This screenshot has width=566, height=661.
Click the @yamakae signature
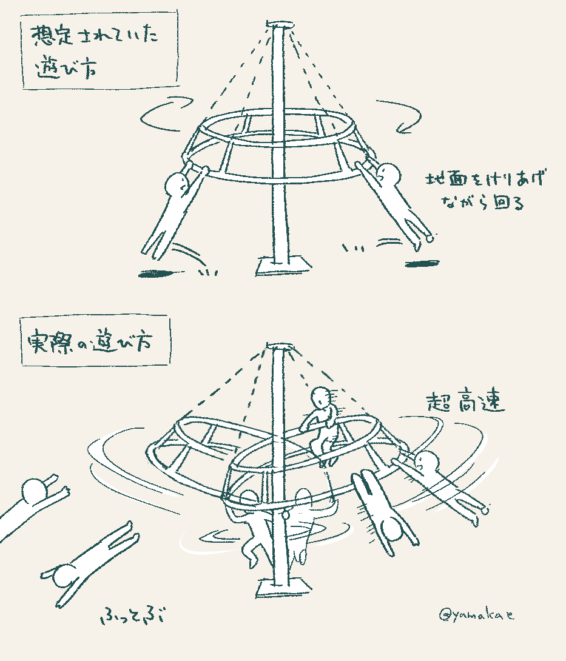pos(477,615)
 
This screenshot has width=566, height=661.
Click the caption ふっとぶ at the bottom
pos(132,616)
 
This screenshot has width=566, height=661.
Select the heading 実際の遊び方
pos(89,342)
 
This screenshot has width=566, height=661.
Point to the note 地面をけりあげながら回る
pos(485,190)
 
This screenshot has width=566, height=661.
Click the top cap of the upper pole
pos(279,24)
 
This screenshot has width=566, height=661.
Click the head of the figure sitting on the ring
pos(322,397)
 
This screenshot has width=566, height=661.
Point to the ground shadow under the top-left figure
pos(160,273)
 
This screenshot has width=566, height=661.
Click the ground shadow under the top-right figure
pos(422,264)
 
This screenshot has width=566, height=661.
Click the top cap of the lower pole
pos(279,346)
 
